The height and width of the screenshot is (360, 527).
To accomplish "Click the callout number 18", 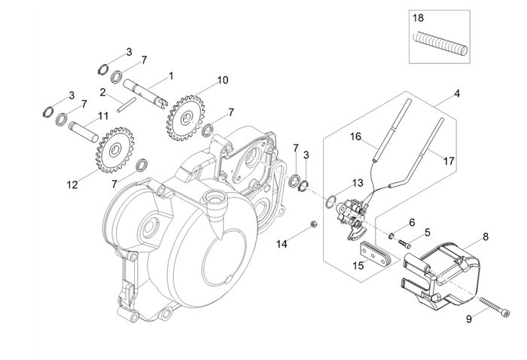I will coord(419,16).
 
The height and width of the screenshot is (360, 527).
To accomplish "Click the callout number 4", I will coord(456,95).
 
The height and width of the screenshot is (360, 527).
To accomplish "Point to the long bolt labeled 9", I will coord(454,306).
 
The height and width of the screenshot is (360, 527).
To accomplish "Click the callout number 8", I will coord(485,236).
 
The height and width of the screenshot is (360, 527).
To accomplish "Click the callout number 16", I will coord(356,137).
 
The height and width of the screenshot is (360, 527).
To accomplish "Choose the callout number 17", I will coord(449,161).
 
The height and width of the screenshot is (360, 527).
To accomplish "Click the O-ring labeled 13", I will coord(331,200).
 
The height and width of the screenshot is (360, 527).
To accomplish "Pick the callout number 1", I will coord(171,76).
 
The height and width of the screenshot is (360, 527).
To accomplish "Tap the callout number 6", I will coord(411,222).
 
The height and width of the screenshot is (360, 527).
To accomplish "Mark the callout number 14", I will coord(282,244).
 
